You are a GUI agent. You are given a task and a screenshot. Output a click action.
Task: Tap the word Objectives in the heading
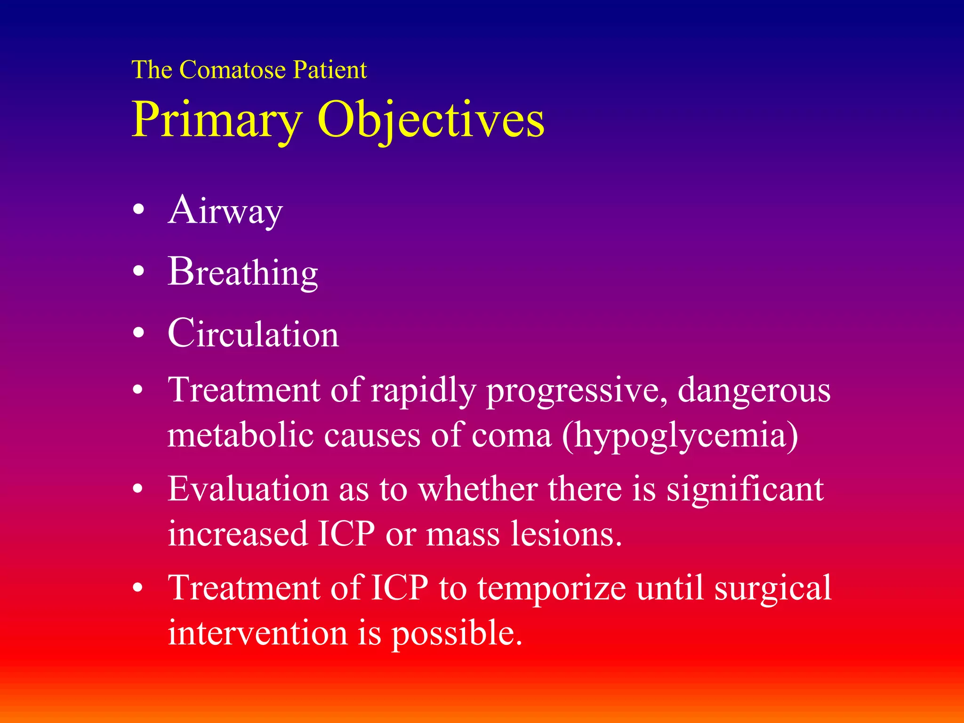[431, 120]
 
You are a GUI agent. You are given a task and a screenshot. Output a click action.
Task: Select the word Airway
[225, 211]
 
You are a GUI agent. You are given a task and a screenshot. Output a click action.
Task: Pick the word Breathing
[243, 273]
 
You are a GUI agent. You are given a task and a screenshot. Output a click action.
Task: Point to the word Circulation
[253, 334]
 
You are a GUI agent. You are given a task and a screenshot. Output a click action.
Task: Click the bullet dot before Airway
[138, 210]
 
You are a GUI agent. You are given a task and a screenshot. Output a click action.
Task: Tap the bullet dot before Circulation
[138, 333]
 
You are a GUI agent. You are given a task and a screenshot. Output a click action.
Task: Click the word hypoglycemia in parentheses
[680, 435]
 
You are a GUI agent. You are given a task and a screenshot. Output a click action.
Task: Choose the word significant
[745, 490]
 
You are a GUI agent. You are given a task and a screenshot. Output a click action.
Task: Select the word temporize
[552, 588]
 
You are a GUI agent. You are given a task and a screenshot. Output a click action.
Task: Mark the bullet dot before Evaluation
[138, 489]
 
